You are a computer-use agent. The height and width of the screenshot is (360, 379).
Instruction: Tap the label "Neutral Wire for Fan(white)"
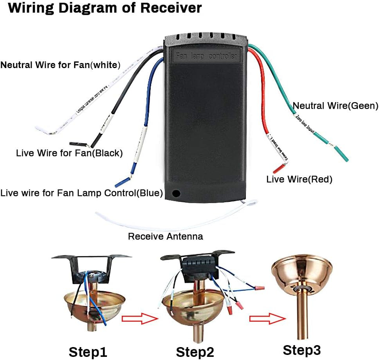pos(60,65)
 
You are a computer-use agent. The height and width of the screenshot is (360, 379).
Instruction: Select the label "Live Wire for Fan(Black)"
pos(69,153)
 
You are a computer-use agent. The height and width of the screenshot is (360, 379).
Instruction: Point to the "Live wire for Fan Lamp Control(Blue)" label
pos(82,193)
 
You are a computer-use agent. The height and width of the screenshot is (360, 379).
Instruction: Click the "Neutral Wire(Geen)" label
pos(336,106)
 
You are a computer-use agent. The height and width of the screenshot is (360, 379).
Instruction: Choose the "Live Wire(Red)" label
pos(299,180)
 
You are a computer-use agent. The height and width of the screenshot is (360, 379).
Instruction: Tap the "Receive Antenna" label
pos(166,236)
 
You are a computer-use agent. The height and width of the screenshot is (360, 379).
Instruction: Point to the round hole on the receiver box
pos(176,193)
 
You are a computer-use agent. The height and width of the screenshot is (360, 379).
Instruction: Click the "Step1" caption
pos(88,351)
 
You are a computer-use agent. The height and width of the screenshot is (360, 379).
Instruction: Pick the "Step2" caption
pos(195,352)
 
